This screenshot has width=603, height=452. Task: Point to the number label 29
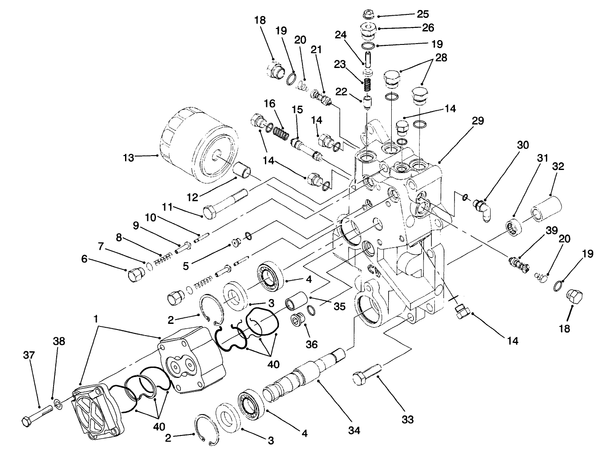tap(478, 121)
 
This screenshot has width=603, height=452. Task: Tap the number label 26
tap(428, 27)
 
